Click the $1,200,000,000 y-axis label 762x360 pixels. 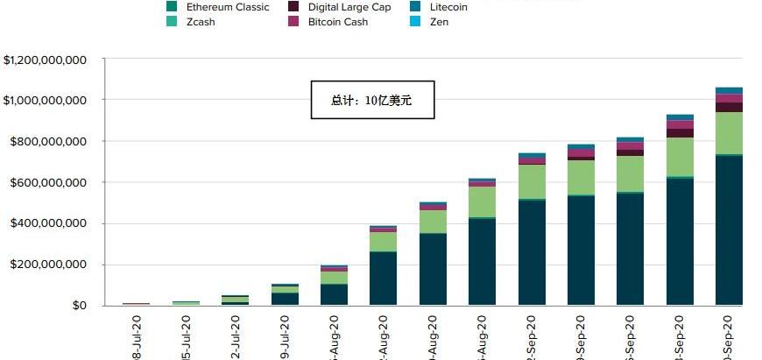coord(45,60)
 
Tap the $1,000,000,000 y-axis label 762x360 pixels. coord(45,101)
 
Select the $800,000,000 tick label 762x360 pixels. coord(49,142)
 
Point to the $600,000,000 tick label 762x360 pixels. coord(49,183)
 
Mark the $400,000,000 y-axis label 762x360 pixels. coord(49,224)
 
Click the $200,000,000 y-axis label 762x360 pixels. coord(49,265)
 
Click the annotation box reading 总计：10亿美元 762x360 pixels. coord(372,101)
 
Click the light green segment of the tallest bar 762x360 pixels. coord(730,133)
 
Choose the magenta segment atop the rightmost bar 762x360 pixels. coord(730,98)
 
